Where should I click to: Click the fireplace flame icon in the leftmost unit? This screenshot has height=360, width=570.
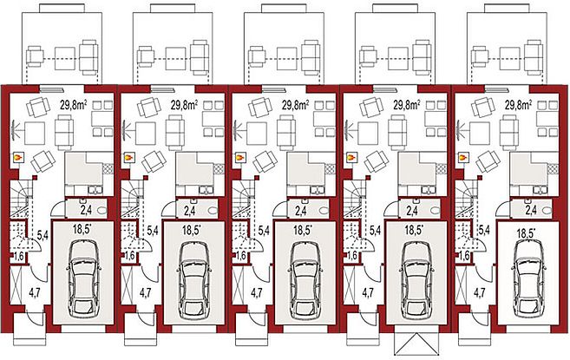[x=17, y=157]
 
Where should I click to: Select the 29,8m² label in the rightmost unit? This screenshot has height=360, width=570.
[x=518, y=105]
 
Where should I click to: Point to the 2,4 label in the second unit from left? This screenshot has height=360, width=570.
[x=190, y=210]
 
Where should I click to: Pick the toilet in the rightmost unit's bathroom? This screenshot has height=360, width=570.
[x=547, y=210]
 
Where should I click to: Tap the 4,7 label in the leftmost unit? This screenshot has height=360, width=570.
[x=34, y=292]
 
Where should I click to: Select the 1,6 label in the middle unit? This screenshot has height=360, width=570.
[x=241, y=256]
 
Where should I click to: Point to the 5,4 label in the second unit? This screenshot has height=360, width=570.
[x=153, y=231]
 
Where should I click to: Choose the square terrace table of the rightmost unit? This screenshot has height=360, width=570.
[x=509, y=58]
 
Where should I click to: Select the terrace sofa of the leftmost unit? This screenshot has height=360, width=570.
[x=88, y=57]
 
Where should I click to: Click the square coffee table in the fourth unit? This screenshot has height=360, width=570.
[x=368, y=134]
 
